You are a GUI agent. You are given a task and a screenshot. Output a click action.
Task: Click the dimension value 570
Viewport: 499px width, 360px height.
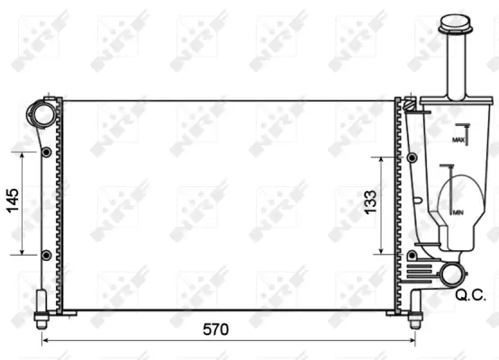[x=214, y=330]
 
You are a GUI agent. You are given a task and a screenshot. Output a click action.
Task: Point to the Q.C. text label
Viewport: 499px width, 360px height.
[x=471, y=294]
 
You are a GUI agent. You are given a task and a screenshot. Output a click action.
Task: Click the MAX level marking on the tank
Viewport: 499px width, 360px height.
[x=458, y=140]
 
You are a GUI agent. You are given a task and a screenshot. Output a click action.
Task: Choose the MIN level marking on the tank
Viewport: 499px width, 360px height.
[x=458, y=212]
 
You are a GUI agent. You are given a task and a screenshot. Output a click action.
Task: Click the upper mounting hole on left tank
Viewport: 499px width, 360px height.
[x=45, y=153]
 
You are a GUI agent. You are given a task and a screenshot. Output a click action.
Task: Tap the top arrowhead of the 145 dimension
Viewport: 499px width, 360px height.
[x=23, y=155]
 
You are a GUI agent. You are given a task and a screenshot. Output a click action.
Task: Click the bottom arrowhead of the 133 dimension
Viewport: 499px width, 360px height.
[x=383, y=252]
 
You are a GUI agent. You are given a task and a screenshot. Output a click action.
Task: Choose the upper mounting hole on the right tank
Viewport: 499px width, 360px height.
[x=412, y=157]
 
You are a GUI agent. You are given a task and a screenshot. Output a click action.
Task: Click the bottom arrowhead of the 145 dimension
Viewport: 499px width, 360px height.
[x=23, y=252]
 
